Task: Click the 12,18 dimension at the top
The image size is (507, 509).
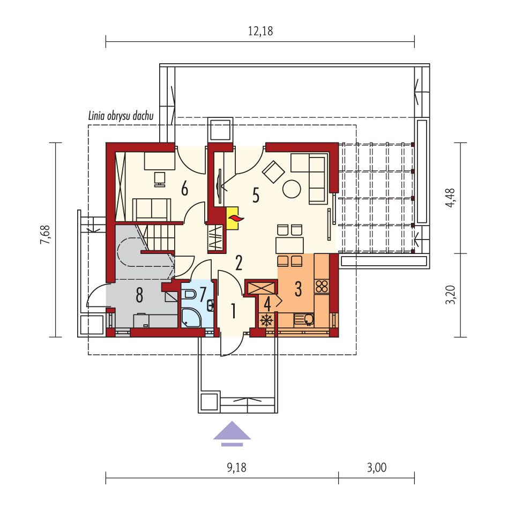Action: pyautogui.click(x=260, y=31)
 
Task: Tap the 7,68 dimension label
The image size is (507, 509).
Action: pyautogui.click(x=45, y=234)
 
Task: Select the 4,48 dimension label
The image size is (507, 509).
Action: pyautogui.click(x=451, y=198)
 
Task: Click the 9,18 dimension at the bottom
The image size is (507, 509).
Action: pyautogui.click(x=236, y=468)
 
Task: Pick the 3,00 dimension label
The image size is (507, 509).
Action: pyautogui.click(x=377, y=468)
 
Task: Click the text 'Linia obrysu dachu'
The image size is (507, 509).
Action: pyautogui.click(x=121, y=116)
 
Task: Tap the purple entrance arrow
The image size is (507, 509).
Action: pyautogui.click(x=232, y=433)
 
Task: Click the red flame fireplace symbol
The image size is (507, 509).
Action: pyautogui.click(x=235, y=219)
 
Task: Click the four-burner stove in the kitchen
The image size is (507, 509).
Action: pyautogui.click(x=322, y=286)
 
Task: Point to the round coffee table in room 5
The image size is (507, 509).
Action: pyautogui.click(x=292, y=189)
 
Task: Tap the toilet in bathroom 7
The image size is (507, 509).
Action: pyautogui.click(x=189, y=295)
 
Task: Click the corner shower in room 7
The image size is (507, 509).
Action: pyautogui.click(x=191, y=318)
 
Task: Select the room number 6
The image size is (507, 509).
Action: pyautogui.click(x=184, y=189)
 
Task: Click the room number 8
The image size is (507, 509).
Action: pyautogui.click(x=139, y=295)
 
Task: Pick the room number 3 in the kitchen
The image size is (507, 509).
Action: pyautogui.click(x=298, y=289)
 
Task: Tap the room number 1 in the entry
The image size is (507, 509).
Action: pyautogui.click(x=233, y=311)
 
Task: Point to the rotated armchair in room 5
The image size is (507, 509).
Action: pyautogui.click(x=273, y=172)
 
